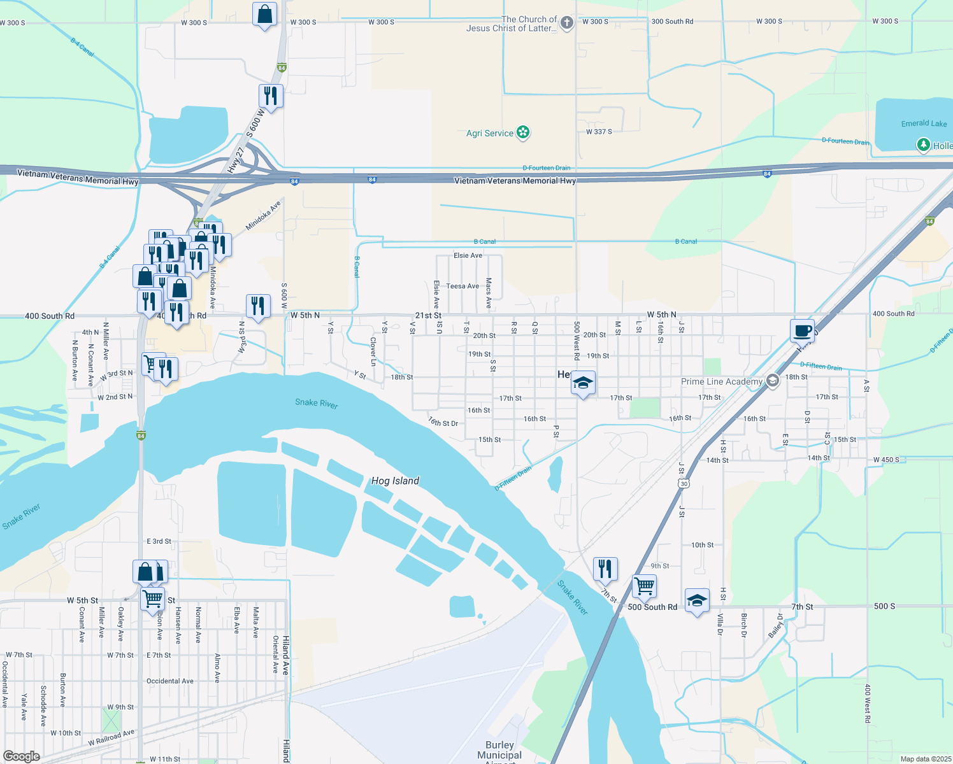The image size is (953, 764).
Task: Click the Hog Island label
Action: [x=395, y=481]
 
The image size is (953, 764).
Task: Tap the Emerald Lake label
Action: [x=924, y=124]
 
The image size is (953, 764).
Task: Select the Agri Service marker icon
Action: [x=523, y=132]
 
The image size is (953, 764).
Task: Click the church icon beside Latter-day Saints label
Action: [x=566, y=24]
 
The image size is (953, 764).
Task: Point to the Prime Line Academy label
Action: [x=722, y=381]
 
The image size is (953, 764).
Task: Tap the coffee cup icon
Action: [x=803, y=330]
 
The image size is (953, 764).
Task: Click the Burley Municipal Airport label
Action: [x=499, y=751]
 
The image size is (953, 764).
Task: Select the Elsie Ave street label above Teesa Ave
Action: [x=468, y=255]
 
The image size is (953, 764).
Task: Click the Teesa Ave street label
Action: [x=462, y=286]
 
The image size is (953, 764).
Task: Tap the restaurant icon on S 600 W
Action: [x=271, y=96]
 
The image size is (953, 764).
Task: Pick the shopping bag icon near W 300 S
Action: [x=264, y=13]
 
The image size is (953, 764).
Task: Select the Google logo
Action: [x=22, y=756]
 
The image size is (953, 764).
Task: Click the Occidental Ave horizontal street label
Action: [x=170, y=681]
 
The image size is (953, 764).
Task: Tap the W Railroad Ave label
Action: [x=111, y=737]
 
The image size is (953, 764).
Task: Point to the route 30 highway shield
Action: [x=684, y=484]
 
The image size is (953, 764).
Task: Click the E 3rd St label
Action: [x=159, y=541]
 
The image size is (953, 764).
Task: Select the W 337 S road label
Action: [x=599, y=132]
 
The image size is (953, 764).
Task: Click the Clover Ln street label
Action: [x=373, y=351]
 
